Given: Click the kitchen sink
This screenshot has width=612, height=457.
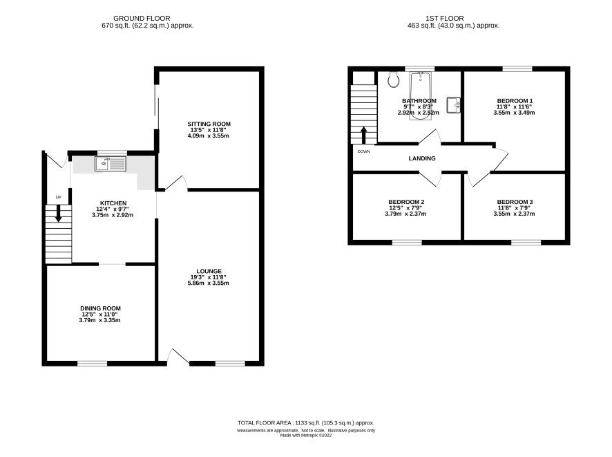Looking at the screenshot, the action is click(x=111, y=164).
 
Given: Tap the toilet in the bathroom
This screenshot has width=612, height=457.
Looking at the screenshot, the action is click(x=394, y=80).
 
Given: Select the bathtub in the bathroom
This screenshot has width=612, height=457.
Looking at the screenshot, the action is click(x=421, y=95).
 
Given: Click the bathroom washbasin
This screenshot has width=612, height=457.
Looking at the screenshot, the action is click(x=454, y=104).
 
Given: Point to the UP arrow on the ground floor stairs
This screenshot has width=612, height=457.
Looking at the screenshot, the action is click(x=58, y=213).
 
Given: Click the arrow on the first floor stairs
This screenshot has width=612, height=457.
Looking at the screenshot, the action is click(x=363, y=136).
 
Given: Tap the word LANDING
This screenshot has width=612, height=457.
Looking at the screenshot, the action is click(x=422, y=158).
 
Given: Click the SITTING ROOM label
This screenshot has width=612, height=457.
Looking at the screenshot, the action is click(x=209, y=124).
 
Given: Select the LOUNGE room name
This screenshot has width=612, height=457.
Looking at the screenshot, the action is click(x=209, y=271).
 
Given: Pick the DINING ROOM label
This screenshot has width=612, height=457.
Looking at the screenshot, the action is click(x=100, y=308).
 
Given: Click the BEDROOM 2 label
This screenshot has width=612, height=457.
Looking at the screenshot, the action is click(x=406, y=202).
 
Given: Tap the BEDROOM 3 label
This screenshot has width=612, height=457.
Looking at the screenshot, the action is click(x=515, y=202).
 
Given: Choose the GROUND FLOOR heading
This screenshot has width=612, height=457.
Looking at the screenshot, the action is click(x=142, y=19).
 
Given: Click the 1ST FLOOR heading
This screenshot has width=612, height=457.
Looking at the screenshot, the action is click(x=445, y=19).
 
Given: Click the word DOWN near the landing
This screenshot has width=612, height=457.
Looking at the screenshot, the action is click(x=364, y=151).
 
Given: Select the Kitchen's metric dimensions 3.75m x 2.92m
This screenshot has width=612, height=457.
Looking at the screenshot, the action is click(x=113, y=215).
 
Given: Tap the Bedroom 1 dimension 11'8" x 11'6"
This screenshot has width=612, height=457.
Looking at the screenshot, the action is click(x=514, y=106).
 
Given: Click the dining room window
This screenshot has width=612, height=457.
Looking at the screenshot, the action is click(x=92, y=363).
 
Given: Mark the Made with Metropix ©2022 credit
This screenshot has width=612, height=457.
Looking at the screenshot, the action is click(x=306, y=435).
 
